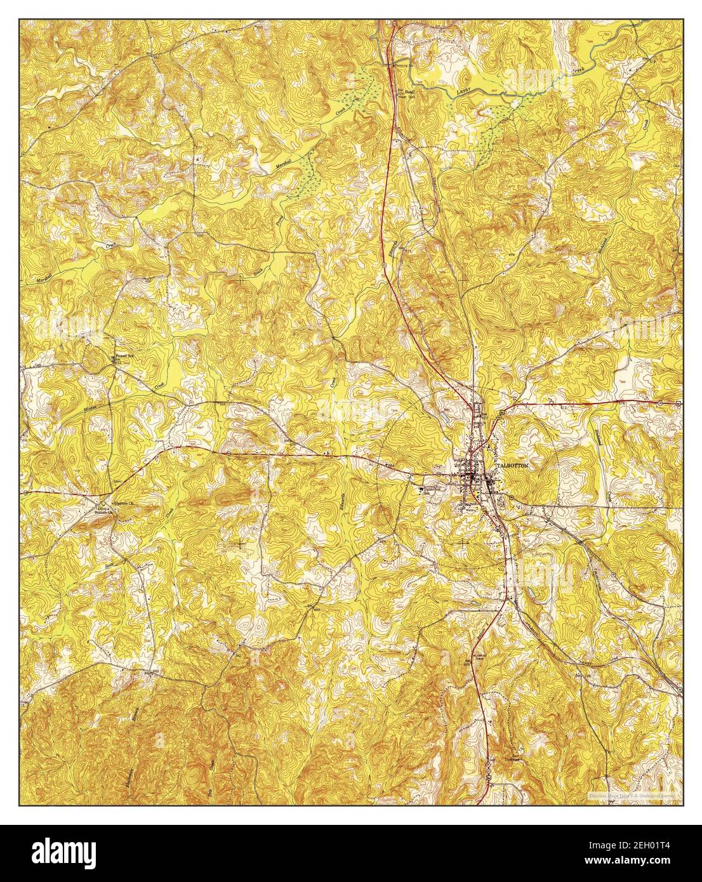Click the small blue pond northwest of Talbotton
tap(449, 417)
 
